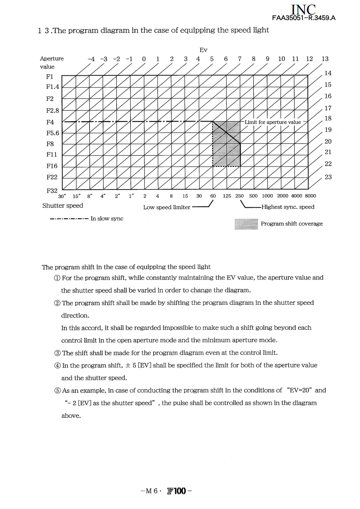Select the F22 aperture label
(x=50, y=177)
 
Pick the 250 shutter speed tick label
(x=240, y=196)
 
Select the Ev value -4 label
(x=91, y=59)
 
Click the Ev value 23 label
(x=328, y=177)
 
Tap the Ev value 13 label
(x=325, y=59)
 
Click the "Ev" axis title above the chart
(x=203, y=49)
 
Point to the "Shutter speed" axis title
(x=63, y=206)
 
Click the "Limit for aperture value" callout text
(x=272, y=122)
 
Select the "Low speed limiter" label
(x=167, y=207)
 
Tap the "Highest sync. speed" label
(x=288, y=207)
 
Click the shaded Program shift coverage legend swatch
(x=246, y=224)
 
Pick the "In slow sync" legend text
(x=107, y=219)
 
